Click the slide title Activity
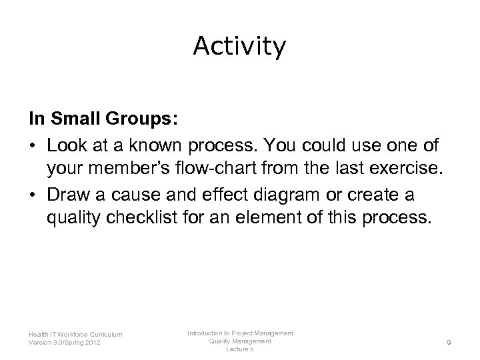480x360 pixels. click(239, 46)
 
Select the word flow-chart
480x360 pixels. click(217, 169)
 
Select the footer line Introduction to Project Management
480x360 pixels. click(240, 333)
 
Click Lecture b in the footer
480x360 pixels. click(240, 350)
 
